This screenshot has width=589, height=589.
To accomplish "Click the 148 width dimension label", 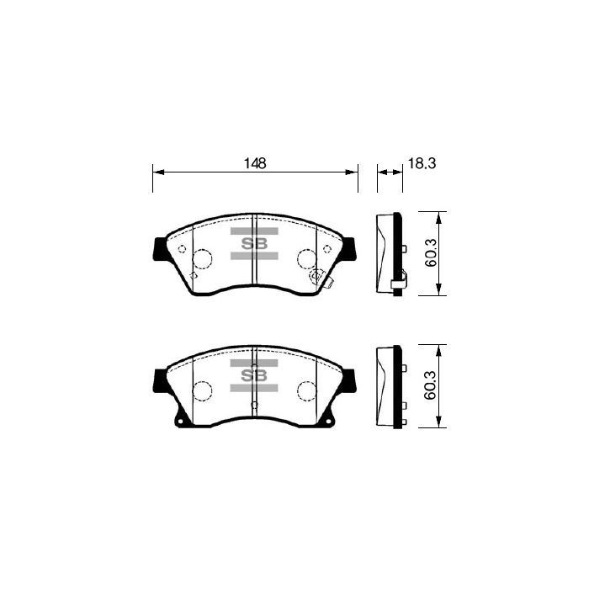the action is (255, 163).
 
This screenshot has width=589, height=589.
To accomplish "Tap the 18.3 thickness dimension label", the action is (422, 163).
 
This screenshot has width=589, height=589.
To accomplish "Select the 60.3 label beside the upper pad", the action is (431, 252).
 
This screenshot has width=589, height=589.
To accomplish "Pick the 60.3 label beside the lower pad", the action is (430, 385).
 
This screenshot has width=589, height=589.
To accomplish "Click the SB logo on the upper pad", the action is (254, 244).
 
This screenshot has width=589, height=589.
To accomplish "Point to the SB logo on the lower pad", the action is (254, 375).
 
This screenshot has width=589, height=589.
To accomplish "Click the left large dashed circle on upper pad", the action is (202, 259).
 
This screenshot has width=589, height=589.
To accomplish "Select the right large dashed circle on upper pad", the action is (307, 259).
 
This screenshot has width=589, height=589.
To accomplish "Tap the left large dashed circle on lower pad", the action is (202, 391).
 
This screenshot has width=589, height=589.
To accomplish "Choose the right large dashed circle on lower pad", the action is (307, 391).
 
